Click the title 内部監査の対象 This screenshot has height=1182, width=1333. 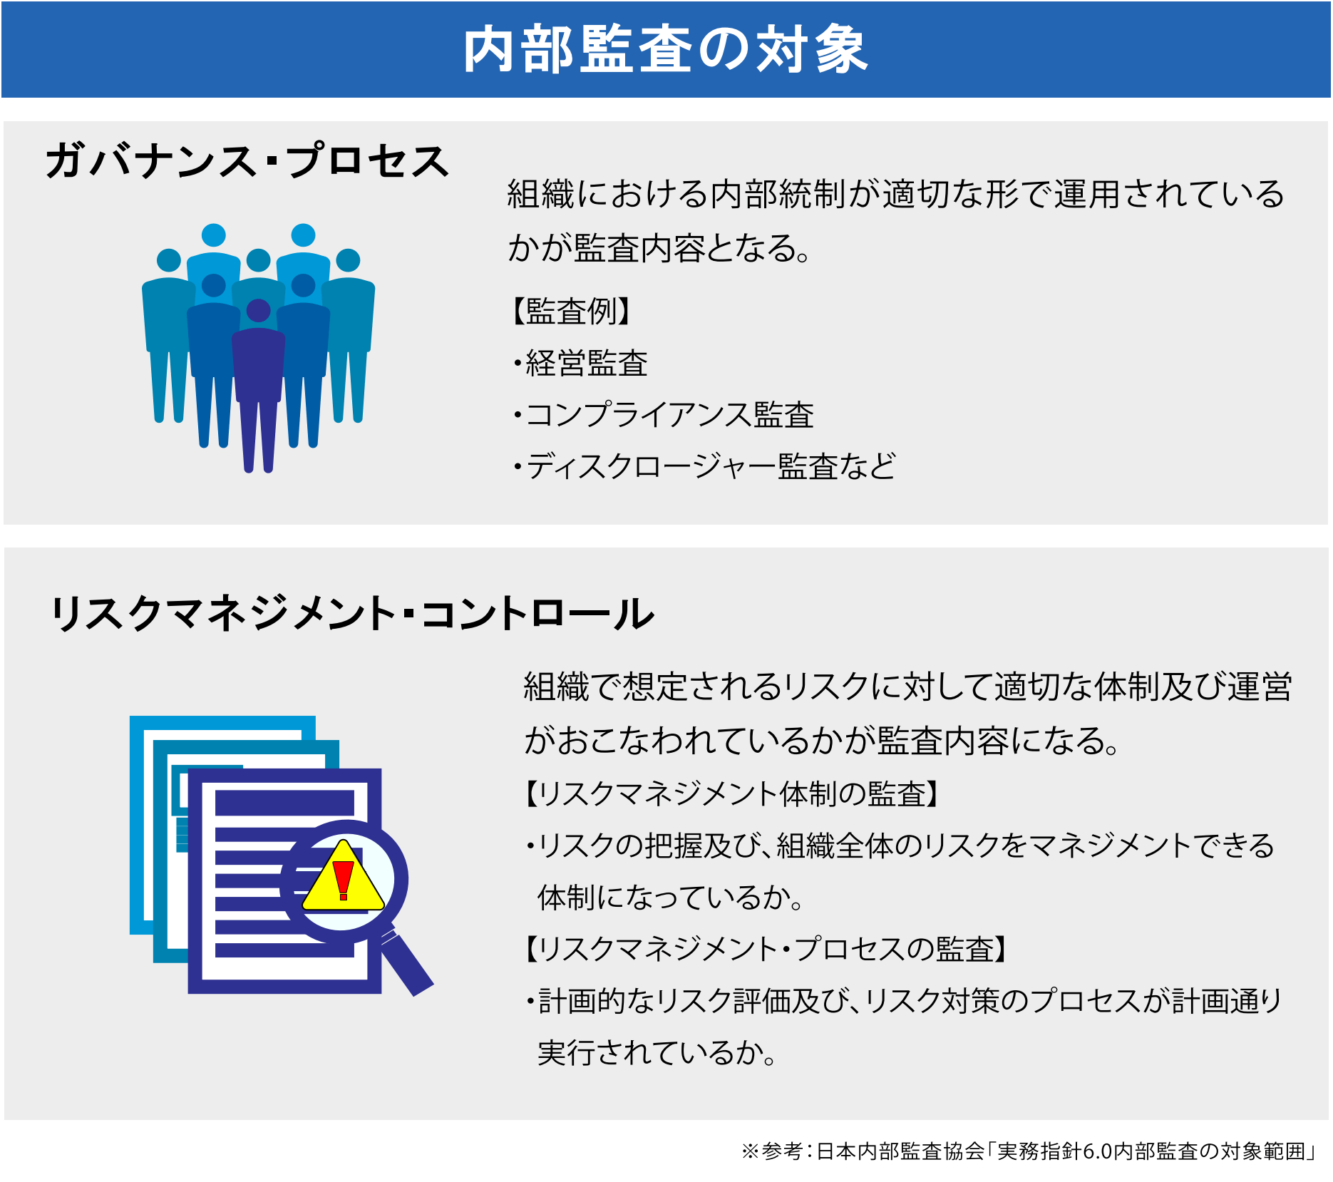pos(665,49)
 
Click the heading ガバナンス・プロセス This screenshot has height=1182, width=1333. pos(247,160)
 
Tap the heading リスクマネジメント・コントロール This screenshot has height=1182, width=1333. pos(352,613)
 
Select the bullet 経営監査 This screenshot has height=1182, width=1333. pos(580,363)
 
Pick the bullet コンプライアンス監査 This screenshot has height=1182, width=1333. pos(664,414)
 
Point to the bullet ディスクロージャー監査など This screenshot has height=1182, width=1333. pos(704,466)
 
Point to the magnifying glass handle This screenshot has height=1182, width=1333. pos(407,963)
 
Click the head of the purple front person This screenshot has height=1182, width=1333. pos(258,311)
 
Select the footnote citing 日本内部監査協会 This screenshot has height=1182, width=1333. pos(1029,1151)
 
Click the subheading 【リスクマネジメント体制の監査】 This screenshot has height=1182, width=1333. pos(731,793)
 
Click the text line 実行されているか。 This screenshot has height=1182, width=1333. pos(657,1052)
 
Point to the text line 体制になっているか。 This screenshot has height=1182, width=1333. pos(671,897)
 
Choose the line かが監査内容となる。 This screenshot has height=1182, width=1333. pos(659,248)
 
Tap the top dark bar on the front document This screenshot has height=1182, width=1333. pos(284,803)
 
